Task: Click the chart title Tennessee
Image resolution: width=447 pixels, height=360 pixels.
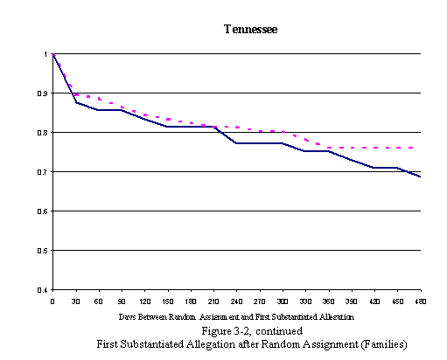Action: [x=250, y=29]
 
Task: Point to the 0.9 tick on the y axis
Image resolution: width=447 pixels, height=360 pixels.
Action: [x=44, y=93]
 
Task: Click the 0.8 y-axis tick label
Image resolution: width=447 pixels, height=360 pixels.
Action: [x=44, y=133]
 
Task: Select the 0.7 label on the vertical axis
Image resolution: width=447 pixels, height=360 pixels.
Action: [x=44, y=172]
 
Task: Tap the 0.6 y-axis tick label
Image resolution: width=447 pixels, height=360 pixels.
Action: [x=44, y=211]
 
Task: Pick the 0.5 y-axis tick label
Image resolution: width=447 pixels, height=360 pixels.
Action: [x=44, y=251]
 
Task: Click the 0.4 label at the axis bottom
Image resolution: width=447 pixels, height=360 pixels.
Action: [x=44, y=290]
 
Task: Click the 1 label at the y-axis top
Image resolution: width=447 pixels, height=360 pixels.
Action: [x=47, y=54]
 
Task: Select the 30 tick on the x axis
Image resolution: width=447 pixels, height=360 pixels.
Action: [x=76, y=301]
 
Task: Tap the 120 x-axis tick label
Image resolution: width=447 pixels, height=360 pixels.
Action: [x=144, y=301]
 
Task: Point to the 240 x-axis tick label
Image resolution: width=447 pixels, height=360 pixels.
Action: [x=236, y=301]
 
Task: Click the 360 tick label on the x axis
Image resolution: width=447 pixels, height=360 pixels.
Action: [x=328, y=301]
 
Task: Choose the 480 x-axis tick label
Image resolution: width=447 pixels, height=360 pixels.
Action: [x=419, y=301]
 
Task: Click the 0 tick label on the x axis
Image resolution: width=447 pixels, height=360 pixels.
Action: [x=53, y=301]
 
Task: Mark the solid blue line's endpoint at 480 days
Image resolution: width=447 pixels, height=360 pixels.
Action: [x=420, y=177]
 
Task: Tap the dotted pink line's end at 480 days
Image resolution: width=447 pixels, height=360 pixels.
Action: [x=414, y=148]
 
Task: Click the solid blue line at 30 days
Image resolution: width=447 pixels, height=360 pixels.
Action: [x=76, y=102]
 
